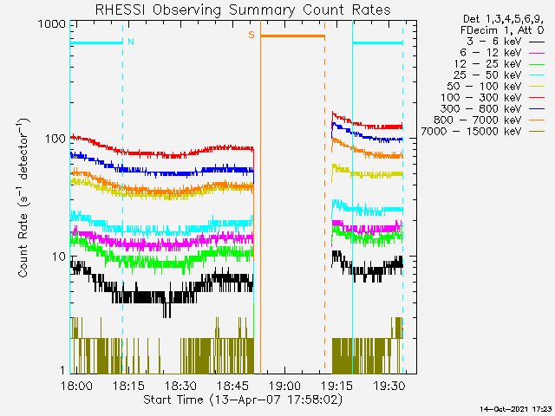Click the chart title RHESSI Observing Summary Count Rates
[x=242, y=10]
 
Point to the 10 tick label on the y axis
[x=59, y=257]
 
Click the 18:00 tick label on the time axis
[x=77, y=385]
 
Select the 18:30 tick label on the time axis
[x=181, y=385]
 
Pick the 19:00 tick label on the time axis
[x=285, y=385]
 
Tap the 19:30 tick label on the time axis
[x=389, y=385]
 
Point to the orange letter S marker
[x=251, y=35]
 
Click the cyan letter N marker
[x=130, y=41]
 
